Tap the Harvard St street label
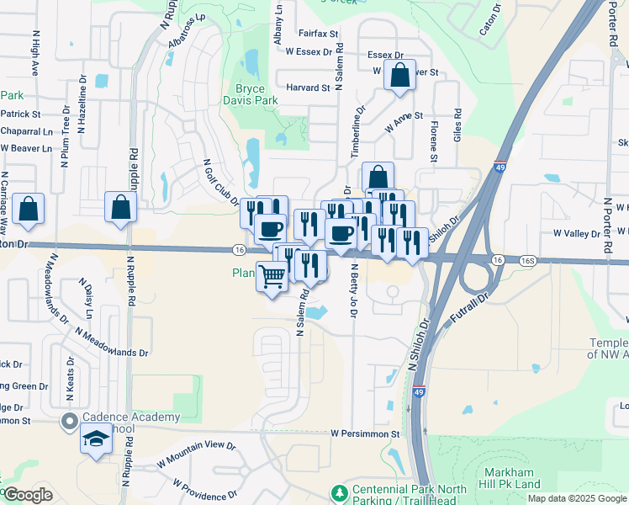point(308,88)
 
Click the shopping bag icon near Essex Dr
point(399,76)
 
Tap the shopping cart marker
point(272,276)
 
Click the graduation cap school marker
point(96,439)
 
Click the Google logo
point(28,495)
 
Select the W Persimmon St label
point(365,433)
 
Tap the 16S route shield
point(527,261)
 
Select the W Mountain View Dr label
point(197,455)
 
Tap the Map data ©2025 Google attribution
point(577,498)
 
